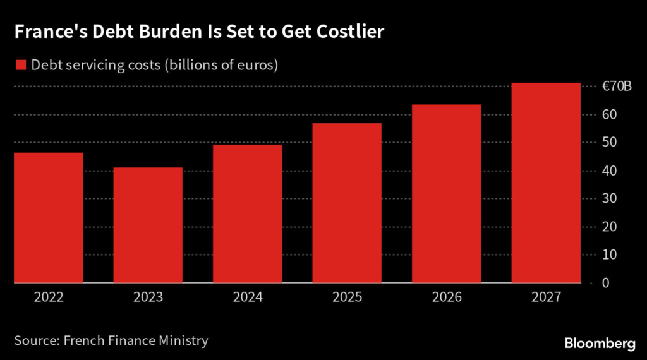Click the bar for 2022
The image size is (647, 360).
[48, 218]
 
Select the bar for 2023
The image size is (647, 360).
[148, 225]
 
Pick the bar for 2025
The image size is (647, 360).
[347, 203]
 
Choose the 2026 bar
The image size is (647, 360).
[446, 193]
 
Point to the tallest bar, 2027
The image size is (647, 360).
[546, 183]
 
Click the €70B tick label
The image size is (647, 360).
[615, 87]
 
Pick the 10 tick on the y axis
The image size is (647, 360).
[607, 255]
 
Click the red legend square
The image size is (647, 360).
[20, 65]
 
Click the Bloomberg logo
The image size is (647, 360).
[599, 343]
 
